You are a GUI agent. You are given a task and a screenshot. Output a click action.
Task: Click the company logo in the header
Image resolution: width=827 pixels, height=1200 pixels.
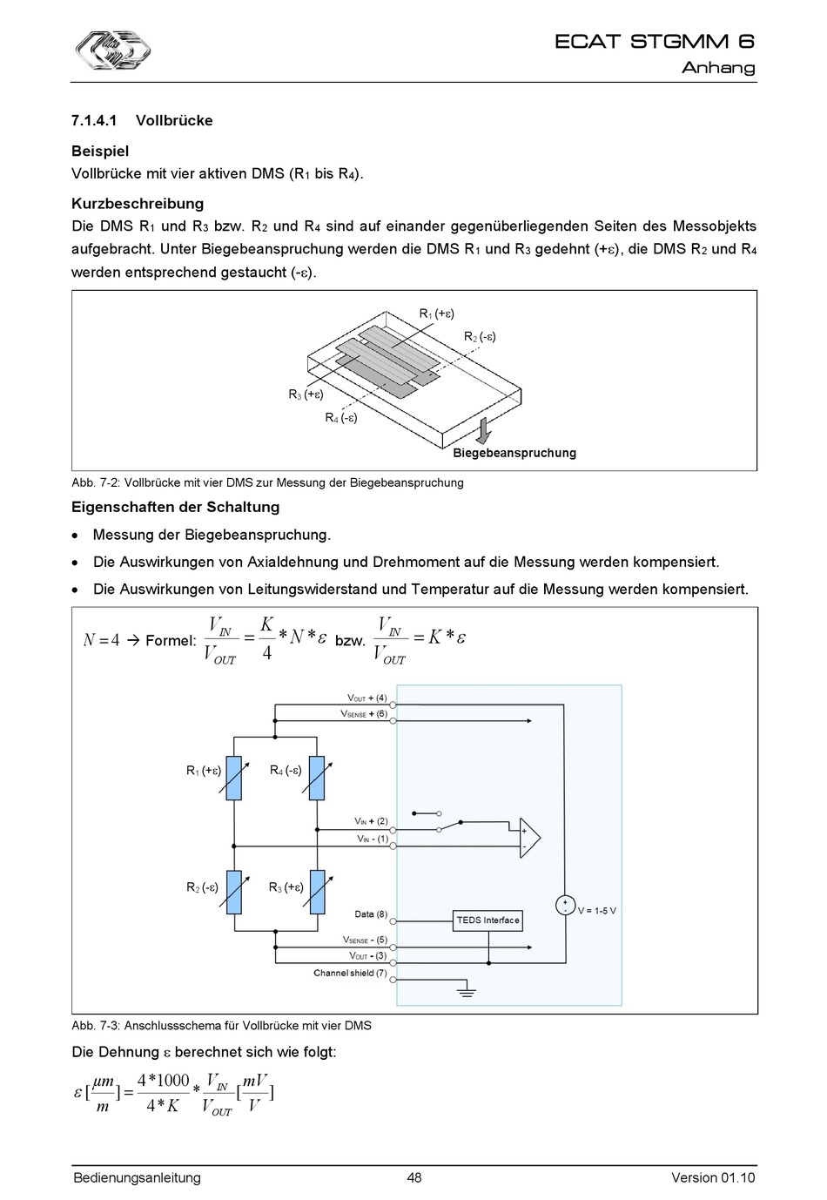tap(111, 49)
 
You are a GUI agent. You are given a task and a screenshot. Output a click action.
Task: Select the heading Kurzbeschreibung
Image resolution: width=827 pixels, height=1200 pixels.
tap(138, 204)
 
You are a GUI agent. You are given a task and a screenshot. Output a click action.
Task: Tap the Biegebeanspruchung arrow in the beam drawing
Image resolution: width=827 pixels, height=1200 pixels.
tap(484, 428)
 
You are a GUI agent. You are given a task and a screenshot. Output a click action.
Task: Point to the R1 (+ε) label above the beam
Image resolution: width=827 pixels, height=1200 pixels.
tap(436, 313)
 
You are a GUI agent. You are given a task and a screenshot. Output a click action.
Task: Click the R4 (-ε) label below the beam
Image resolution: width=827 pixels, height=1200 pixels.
tap(341, 418)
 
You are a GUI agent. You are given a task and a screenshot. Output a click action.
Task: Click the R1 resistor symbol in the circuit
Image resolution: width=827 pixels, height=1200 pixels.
tap(233, 778)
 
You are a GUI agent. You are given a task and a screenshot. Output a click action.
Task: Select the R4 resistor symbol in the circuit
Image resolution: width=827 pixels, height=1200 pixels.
tap(317, 778)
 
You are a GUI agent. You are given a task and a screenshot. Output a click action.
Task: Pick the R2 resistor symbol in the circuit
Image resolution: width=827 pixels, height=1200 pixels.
tap(233, 892)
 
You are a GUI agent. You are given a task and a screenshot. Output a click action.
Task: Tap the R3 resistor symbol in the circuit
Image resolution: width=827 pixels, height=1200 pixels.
tap(317, 892)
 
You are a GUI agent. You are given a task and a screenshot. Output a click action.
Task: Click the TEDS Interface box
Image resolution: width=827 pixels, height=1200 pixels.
tap(487, 920)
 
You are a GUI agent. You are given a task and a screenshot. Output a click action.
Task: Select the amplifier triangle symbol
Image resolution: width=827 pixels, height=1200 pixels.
tap(529, 839)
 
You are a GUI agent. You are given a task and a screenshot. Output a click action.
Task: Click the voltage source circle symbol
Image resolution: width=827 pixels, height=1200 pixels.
tap(565, 905)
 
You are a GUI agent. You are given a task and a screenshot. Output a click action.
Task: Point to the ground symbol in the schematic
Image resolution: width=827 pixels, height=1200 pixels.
tap(467, 991)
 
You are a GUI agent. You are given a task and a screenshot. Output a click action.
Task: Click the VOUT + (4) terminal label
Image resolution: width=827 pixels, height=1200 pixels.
tap(367, 698)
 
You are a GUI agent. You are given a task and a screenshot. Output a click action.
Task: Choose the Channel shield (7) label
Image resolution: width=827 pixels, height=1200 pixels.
tap(350, 973)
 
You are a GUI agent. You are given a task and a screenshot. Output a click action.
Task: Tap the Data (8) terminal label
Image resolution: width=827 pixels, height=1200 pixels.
tap(371, 914)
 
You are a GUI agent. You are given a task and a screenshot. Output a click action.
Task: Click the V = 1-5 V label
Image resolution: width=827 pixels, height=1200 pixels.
tap(597, 911)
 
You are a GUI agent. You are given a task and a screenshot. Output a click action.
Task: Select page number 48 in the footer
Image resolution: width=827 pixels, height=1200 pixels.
tap(413, 1178)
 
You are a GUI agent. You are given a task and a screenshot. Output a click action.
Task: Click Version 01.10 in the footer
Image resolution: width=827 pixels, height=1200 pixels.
tap(713, 1178)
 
